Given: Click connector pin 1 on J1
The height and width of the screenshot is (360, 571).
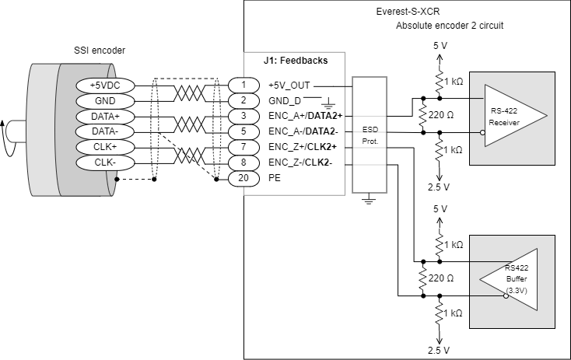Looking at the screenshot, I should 243,85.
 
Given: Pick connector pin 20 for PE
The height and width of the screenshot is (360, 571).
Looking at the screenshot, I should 243,178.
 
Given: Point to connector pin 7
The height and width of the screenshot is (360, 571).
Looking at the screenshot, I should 243,147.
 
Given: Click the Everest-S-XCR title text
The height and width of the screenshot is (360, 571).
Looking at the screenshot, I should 406,12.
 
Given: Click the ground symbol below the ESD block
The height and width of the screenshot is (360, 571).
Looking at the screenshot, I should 370,200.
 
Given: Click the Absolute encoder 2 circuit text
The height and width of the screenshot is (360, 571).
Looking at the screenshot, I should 450,26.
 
